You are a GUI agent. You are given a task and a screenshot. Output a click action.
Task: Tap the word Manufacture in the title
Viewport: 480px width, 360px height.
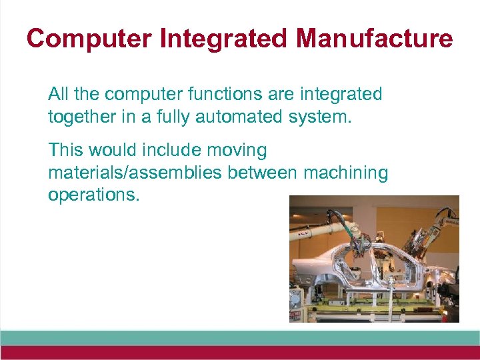click(374, 39)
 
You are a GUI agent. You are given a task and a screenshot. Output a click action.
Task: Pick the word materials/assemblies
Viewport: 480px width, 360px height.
click(135, 173)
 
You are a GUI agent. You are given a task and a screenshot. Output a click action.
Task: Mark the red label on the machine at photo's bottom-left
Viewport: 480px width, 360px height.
click(295, 313)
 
